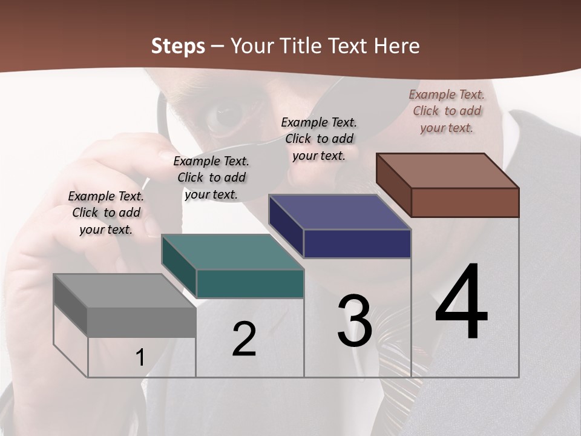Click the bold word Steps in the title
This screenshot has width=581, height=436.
(178, 46)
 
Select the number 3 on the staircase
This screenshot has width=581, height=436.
(355, 322)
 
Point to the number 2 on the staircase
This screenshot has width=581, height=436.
(245, 339)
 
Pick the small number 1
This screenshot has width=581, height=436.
(140, 358)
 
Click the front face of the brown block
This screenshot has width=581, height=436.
(465, 202)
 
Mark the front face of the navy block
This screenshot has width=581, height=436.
(357, 243)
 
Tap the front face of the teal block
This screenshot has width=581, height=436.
(250, 283)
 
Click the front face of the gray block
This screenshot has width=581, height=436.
(142, 322)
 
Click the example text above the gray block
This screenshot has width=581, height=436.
(106, 213)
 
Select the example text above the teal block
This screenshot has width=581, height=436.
(211, 177)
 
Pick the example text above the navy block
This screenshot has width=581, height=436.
(319, 139)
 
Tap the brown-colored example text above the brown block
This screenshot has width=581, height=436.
(447, 111)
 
